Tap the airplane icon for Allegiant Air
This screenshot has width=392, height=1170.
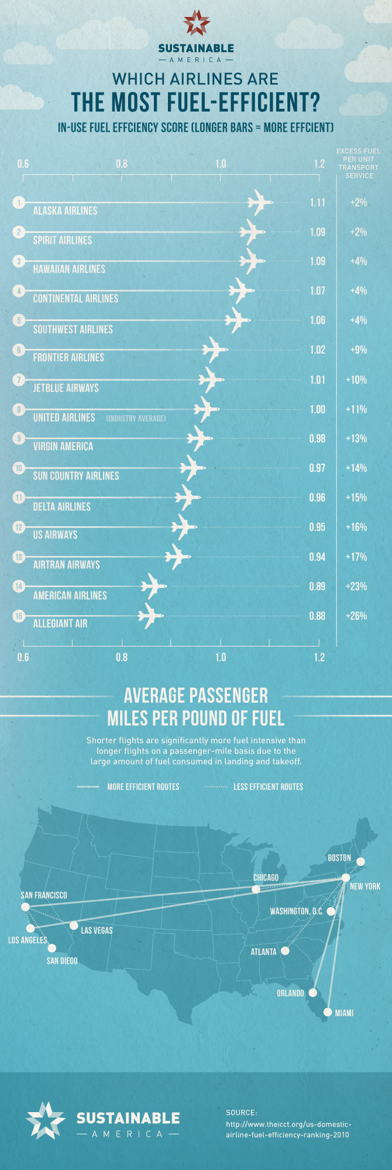[150, 616]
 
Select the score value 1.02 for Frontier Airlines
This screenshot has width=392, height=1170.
[317, 350]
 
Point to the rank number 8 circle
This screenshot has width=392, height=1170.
[19, 409]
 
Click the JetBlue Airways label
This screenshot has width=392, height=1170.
[66, 388]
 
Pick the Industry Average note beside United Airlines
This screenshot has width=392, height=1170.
[136, 419]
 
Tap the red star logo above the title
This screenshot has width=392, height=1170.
[196, 23]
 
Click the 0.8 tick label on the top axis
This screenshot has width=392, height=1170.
[122, 164]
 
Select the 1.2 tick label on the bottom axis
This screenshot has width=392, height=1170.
[319, 657]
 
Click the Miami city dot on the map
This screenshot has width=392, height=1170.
[328, 1012]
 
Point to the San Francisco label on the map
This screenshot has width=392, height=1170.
[44, 895]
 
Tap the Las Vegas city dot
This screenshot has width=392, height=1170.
[74, 926]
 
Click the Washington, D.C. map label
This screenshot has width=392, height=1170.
[296, 912]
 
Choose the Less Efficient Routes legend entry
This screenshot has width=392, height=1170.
[268, 787]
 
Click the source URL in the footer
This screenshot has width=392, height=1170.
[288, 1129]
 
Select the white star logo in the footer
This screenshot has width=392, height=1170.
[46, 1121]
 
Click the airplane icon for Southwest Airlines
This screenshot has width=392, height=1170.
[237, 320]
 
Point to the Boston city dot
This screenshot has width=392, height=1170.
[361, 861]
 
